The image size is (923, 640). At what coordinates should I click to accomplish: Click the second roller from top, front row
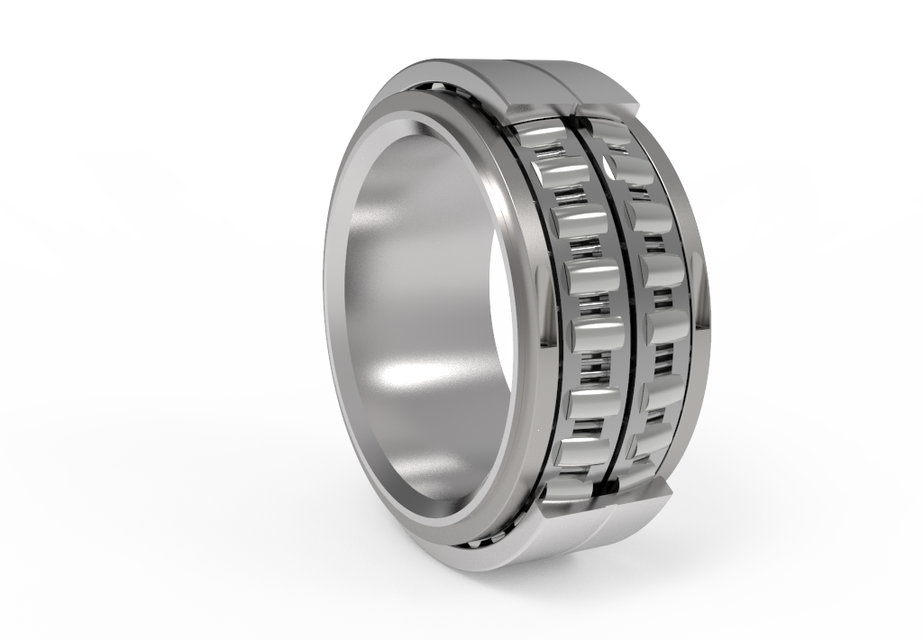559,171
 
